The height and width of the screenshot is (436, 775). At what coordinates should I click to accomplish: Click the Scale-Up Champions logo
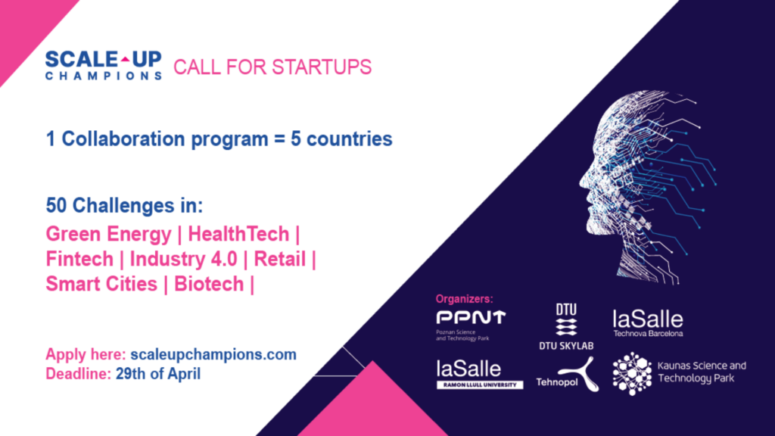103,65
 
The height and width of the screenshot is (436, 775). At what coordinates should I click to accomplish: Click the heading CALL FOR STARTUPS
272,67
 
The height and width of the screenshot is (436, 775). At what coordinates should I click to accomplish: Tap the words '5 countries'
341,139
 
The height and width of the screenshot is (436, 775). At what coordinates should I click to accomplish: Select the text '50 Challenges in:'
125,205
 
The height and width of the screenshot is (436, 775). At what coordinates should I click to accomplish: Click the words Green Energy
108,235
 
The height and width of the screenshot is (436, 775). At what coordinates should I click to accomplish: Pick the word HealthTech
238,234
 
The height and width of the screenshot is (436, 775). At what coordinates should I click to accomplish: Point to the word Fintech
79,259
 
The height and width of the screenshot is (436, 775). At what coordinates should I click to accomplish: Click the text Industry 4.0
183,259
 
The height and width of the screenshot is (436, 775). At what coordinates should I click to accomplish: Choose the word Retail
280,259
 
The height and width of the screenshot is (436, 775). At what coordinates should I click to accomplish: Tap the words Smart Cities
101,285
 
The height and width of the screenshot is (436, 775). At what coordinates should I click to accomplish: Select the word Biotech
209,285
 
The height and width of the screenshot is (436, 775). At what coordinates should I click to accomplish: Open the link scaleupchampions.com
213,354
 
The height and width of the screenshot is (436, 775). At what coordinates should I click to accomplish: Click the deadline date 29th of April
158,374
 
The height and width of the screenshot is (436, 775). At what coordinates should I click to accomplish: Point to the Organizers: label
464,298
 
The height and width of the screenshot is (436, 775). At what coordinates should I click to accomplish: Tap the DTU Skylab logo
566,327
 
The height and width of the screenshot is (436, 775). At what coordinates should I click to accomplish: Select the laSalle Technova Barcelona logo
648,323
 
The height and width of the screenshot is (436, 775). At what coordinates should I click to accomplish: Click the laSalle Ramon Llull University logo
479,374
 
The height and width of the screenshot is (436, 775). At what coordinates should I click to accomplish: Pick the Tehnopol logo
568,375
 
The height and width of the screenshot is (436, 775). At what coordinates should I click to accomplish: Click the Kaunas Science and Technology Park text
702,372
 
